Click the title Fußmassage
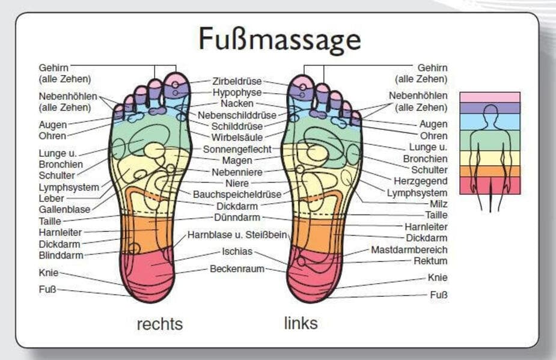pos(280,40)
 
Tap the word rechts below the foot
pos(159,324)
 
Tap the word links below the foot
pos(301,323)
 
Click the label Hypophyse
pos(237,93)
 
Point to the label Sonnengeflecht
pos(237,149)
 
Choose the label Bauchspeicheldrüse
pos(237,194)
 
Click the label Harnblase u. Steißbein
pos(237,235)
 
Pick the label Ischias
pos(237,251)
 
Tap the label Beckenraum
pos(237,269)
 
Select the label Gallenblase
pos(64,209)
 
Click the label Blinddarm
pos(61,255)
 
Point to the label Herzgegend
pos(420,181)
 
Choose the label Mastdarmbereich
pos(409,249)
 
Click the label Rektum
pos(430,261)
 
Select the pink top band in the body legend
pos(489,97)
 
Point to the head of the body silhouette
pos(490,112)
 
